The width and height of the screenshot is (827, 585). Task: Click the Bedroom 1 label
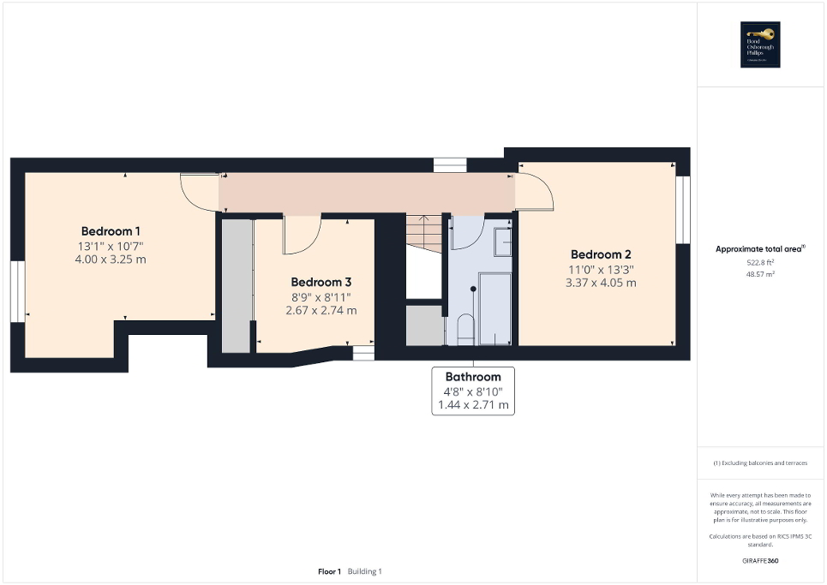point(111,231)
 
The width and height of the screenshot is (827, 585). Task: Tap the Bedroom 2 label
point(601,254)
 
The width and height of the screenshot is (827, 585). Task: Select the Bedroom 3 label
point(321,282)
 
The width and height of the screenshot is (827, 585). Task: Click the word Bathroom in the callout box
point(473,377)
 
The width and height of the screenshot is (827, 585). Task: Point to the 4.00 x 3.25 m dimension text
point(111,259)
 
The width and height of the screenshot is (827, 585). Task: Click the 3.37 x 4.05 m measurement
point(601,283)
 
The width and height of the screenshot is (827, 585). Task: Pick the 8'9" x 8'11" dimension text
point(321,296)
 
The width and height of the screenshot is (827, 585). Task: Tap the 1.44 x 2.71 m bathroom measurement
point(473,404)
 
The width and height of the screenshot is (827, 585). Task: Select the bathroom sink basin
point(503,243)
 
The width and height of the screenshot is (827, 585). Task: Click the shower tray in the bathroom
point(494,308)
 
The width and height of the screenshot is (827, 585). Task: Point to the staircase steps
point(423,233)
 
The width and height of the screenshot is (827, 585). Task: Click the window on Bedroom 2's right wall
point(683,209)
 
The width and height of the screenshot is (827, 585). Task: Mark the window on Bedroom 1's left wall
point(17,291)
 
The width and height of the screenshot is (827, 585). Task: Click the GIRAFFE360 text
point(761,560)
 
